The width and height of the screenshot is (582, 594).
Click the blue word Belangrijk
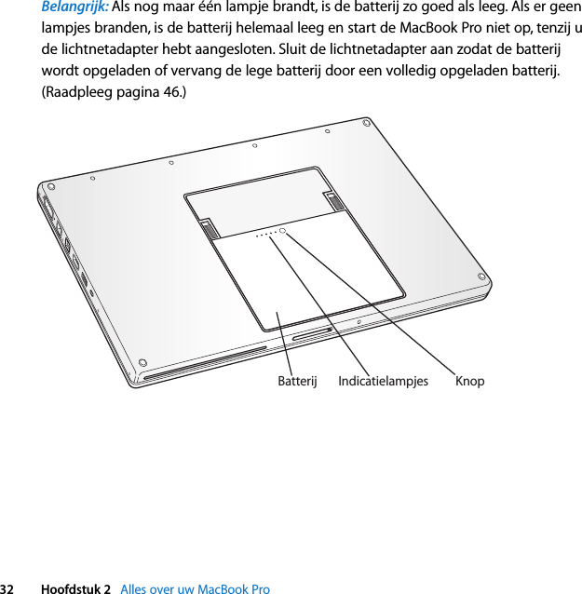[x=75, y=7]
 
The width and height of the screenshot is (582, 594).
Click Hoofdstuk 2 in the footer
[x=81, y=588]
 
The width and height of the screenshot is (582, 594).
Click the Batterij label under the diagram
[x=298, y=381]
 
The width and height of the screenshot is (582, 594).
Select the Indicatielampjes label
[x=383, y=381]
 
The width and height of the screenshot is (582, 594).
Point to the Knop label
[x=469, y=381]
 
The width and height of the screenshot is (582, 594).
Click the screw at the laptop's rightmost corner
[x=482, y=277]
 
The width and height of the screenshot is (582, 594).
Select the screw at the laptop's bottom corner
[x=142, y=361]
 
